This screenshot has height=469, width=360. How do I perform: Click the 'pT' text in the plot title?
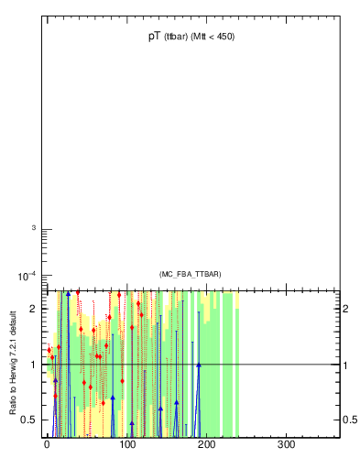click(154, 37)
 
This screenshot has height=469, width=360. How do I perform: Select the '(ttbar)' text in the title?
click(177, 38)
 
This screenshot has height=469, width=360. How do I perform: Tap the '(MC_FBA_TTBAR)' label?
click(190, 274)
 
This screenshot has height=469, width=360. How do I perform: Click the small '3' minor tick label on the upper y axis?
click(33, 228)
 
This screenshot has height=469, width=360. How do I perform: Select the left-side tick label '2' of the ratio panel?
click(33, 309)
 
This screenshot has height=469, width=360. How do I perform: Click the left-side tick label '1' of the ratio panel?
click(33, 365)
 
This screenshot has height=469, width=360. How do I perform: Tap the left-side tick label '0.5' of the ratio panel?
click(29, 420)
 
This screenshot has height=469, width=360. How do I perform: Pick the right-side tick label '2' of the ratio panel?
click(346, 309)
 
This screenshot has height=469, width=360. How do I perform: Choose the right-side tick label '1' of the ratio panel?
click(346, 365)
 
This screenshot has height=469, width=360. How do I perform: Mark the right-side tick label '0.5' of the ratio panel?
click(350, 420)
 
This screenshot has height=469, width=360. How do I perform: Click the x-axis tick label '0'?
click(47, 446)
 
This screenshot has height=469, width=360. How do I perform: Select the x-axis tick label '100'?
click(126, 446)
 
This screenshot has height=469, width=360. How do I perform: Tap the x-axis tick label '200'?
click(206, 446)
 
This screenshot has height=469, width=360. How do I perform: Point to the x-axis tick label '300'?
click(286, 446)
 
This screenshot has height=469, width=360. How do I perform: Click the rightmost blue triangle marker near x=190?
click(198, 365)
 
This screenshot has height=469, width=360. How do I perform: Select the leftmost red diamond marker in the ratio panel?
click(49, 350)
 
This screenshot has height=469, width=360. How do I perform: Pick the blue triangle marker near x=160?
click(176, 402)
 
